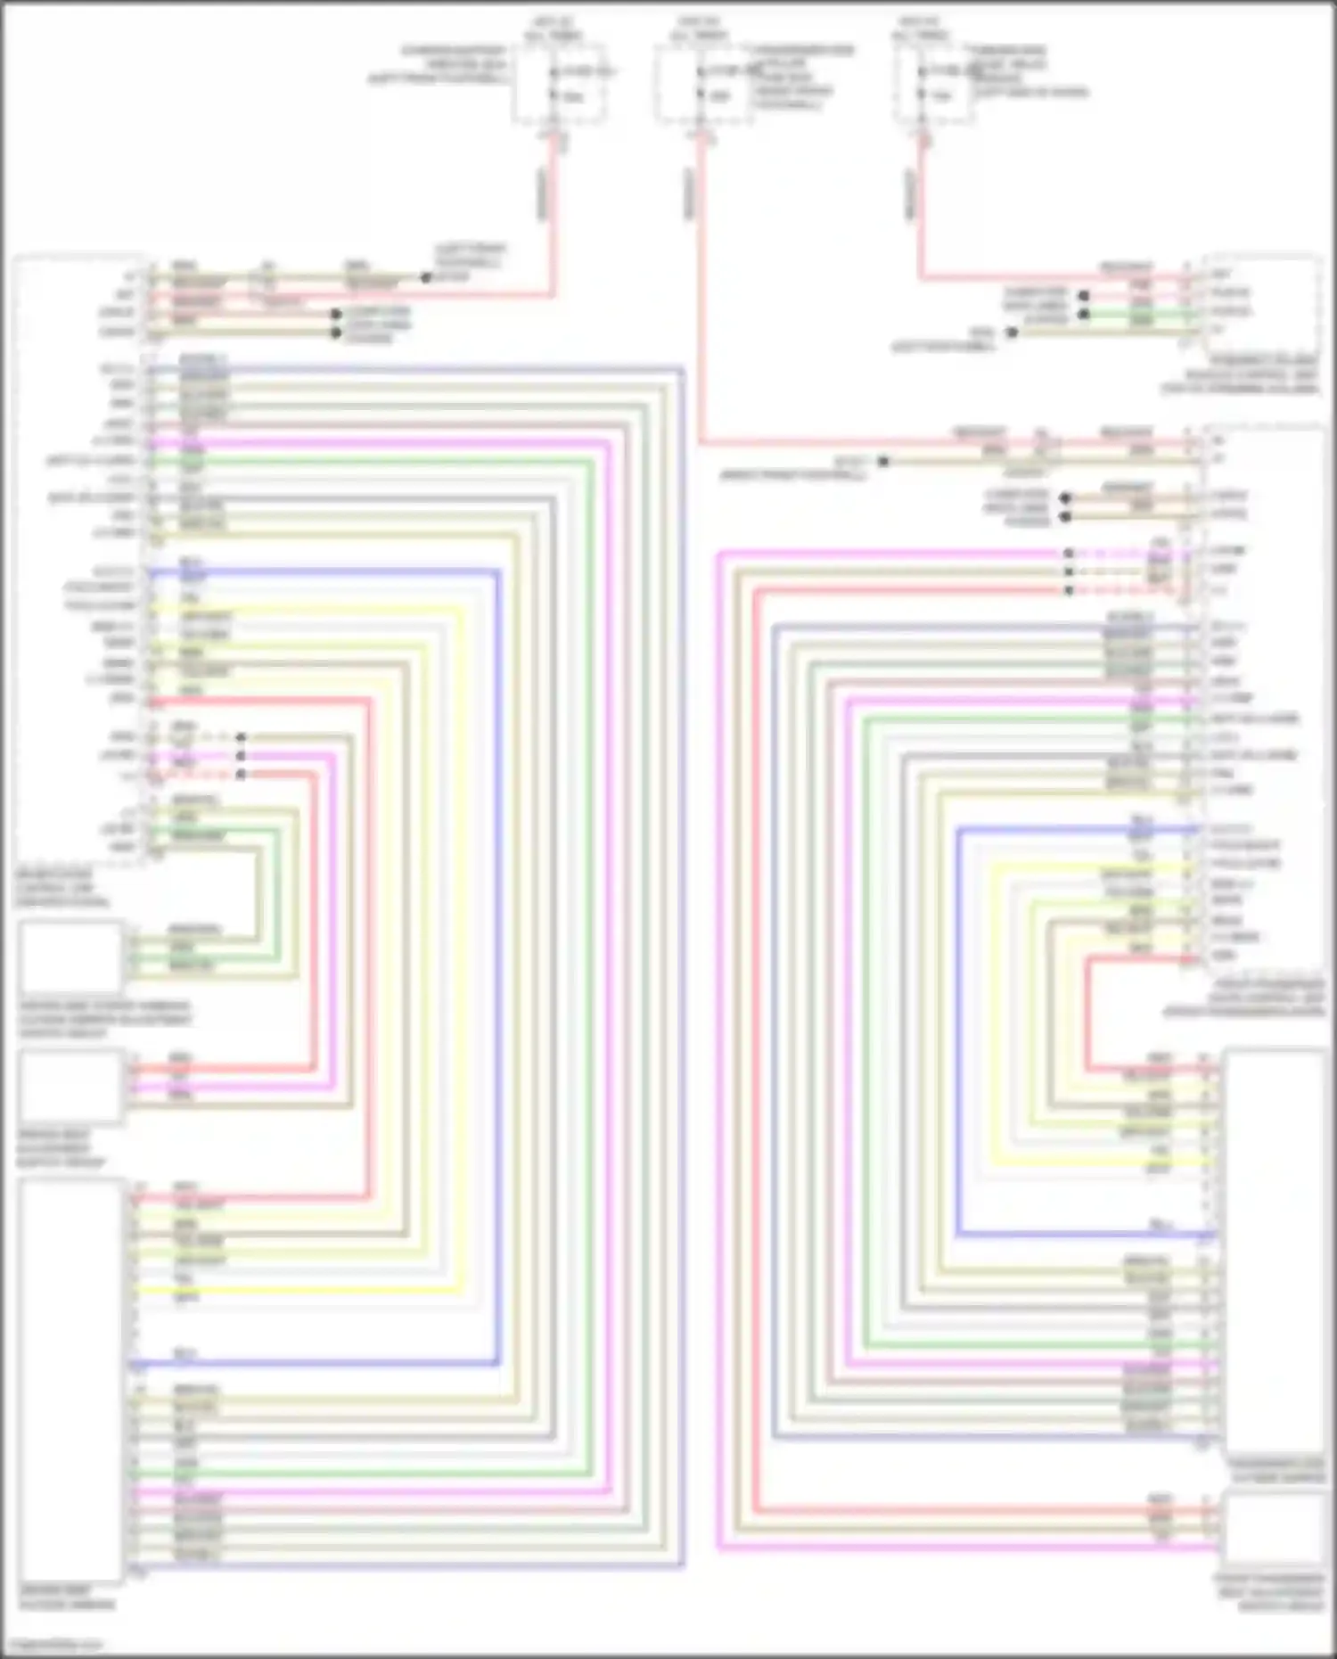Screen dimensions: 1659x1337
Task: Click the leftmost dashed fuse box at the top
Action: point(559,84)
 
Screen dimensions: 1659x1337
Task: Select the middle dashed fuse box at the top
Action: point(703,84)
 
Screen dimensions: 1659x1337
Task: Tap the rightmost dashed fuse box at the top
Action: point(932,84)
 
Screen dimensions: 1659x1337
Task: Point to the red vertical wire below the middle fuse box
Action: point(701,294)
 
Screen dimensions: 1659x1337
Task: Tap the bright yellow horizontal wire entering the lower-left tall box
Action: point(294,1290)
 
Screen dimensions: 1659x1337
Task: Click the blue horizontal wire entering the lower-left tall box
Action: point(312,1363)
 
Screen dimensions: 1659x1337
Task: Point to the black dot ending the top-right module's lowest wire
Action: point(1012,333)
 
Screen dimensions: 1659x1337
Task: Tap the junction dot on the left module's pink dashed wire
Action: point(241,756)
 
